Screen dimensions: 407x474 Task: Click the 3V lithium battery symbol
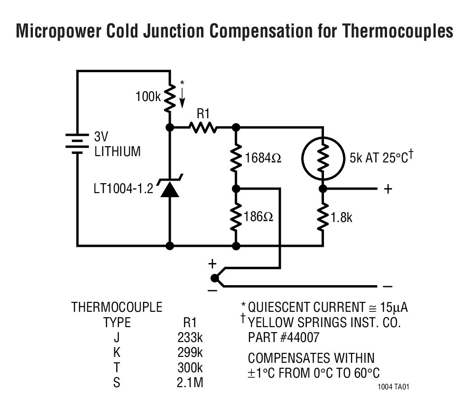click(x=77, y=143)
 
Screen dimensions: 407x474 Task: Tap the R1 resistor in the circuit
click(x=203, y=128)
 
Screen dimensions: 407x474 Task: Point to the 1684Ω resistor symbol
click(x=236, y=158)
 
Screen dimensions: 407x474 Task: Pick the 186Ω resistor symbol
click(x=236, y=217)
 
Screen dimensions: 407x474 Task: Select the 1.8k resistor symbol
click(x=323, y=217)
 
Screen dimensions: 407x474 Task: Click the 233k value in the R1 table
click(x=190, y=338)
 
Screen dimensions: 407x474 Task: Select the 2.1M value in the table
click(x=190, y=383)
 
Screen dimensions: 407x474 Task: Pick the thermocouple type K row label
click(x=117, y=353)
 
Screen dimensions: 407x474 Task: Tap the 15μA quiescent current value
click(x=396, y=308)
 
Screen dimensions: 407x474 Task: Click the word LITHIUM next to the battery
click(x=117, y=152)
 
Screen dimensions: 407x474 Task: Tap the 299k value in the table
click(x=190, y=353)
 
